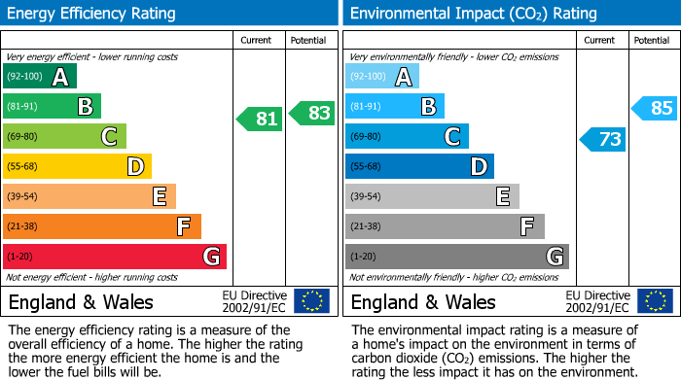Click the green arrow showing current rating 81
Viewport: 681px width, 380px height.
(260, 120)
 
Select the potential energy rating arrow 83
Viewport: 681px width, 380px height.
(312, 113)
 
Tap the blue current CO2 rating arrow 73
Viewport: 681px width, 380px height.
(602, 139)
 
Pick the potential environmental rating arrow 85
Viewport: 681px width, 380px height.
(655, 108)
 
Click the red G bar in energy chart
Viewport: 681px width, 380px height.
(115, 257)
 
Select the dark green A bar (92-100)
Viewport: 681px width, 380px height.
(40, 77)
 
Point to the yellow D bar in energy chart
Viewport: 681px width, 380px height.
(77, 167)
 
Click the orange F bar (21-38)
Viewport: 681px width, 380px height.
(102, 226)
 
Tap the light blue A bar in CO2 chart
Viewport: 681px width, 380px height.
(382, 77)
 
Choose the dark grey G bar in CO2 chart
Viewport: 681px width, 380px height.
(456, 257)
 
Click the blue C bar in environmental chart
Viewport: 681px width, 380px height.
(407, 137)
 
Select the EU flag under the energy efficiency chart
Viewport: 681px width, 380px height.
(311, 300)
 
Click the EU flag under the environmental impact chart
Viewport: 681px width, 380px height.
(654, 300)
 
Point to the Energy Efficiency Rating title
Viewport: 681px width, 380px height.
(92, 14)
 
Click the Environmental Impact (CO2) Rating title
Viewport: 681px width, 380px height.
(473, 14)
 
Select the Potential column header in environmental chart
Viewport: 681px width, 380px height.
(651, 40)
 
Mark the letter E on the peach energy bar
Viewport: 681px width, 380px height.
(159, 196)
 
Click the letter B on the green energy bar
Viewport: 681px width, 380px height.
(85, 107)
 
